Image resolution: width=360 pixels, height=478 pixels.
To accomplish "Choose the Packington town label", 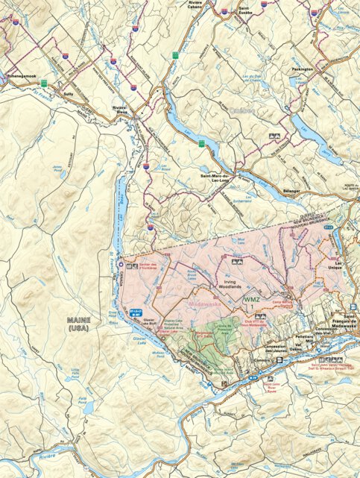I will tap(304, 69).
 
